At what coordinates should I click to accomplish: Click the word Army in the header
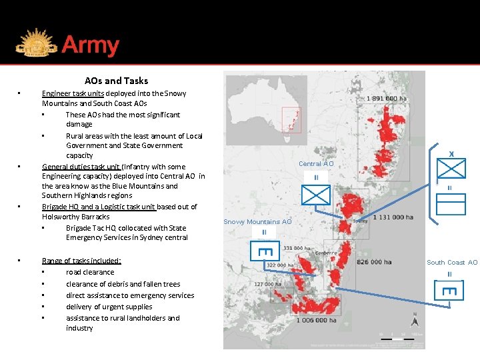[90, 46]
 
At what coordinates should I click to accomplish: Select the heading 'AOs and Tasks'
[116, 81]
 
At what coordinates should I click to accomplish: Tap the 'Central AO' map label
[316, 164]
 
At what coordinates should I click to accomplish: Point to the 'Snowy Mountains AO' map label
[257, 222]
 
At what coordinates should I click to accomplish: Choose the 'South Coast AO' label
[452, 263]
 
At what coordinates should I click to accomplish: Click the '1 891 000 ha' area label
[387, 99]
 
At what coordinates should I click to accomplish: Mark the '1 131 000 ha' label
[393, 217]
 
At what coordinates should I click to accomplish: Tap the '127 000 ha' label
[268, 284]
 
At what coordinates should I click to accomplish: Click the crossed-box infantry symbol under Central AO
[316, 195]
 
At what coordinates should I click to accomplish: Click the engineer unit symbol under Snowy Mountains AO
[263, 251]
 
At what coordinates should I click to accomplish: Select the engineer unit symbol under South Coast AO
[449, 291]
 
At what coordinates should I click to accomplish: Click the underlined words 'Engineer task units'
[73, 94]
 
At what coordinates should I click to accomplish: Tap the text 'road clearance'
[90, 272]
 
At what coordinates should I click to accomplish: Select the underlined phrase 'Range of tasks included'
[81, 261]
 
